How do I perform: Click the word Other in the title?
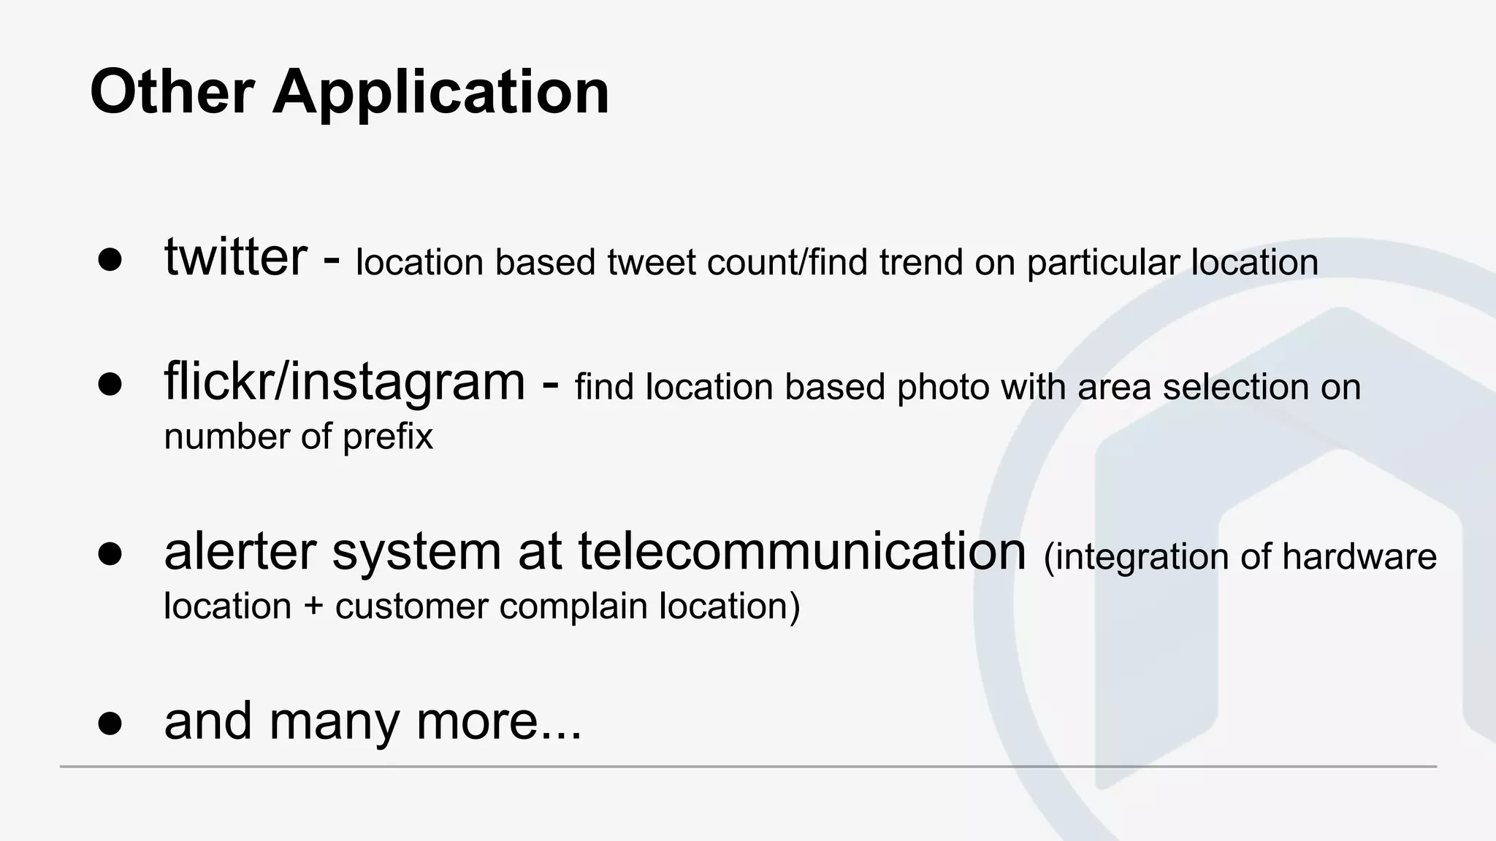click(172, 93)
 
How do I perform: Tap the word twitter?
click(235, 258)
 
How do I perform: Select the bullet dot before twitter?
click(110, 261)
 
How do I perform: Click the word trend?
click(921, 262)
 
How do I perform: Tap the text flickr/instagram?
click(344, 382)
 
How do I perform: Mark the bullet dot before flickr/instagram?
click(110, 385)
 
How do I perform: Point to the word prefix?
click(388, 437)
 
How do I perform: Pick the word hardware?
click(1359, 556)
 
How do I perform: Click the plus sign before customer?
click(313, 607)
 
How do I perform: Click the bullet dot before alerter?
click(110, 554)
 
